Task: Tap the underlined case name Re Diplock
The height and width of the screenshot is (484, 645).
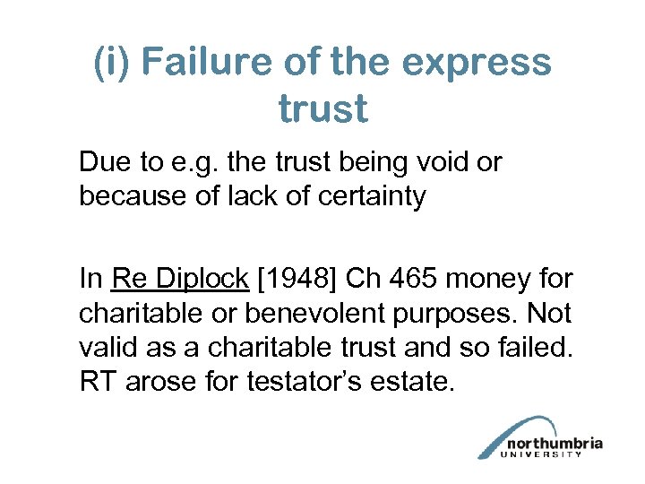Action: click(179, 279)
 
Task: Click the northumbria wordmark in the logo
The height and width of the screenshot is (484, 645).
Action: click(554, 443)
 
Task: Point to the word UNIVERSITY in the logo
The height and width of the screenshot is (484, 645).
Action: click(552, 454)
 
